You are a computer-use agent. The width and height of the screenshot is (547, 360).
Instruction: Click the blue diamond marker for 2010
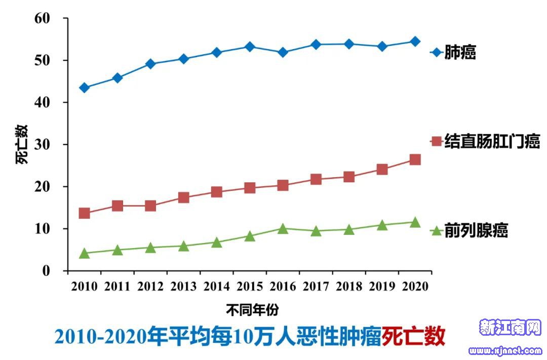click(85, 88)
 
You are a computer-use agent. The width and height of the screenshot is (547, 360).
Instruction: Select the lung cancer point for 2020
click(415, 42)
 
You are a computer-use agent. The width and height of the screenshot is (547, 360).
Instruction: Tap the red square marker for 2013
click(184, 197)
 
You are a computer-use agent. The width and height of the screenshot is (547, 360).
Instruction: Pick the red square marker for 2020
click(415, 160)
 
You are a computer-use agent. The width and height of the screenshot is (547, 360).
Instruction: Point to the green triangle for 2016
click(283, 228)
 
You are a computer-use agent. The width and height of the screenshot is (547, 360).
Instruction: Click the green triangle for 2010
click(85, 253)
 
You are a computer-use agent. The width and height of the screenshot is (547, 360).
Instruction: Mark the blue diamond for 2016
click(283, 52)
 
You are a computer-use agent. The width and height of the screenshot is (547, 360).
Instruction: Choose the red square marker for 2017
click(316, 179)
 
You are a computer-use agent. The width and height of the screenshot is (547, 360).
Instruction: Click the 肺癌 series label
click(460, 52)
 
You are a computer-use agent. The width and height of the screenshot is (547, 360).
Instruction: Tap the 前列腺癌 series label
click(476, 231)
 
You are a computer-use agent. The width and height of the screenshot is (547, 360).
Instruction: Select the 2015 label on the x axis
click(250, 287)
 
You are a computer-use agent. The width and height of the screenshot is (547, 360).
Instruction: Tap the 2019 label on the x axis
click(382, 287)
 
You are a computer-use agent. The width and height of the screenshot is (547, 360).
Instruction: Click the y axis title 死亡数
click(22, 144)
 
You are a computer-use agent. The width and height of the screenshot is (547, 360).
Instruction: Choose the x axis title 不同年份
click(252, 309)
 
